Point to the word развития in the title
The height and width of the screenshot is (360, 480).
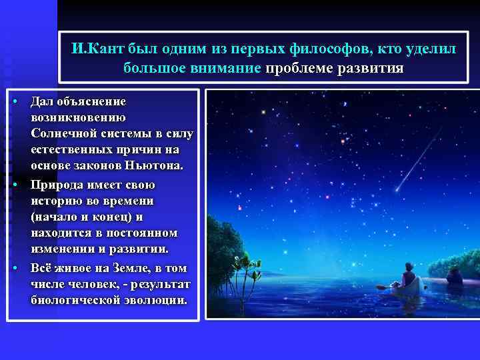coord(372,68)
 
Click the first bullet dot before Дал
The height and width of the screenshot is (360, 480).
coord(14,101)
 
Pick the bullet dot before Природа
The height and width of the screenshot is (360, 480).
coord(14,185)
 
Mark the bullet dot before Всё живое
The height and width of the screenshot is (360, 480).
coord(14,268)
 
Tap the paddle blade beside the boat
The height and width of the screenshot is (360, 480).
coord(381,287)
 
